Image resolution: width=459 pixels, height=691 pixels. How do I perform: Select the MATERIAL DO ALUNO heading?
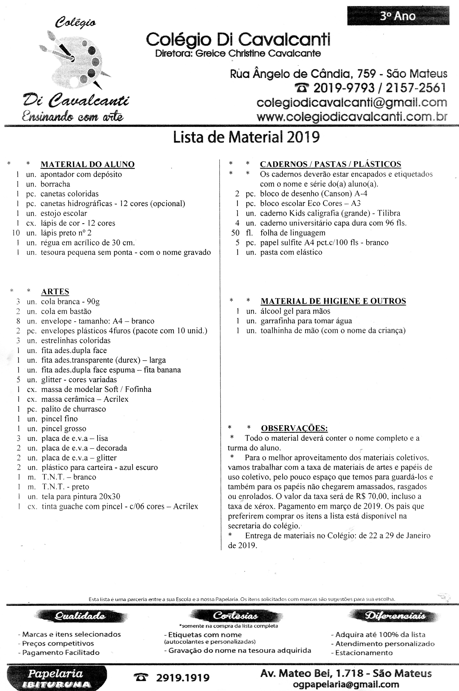(x=87, y=164)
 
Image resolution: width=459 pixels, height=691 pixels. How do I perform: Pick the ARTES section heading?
(x=55, y=292)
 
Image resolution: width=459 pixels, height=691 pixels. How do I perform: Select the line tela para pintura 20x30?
(x=81, y=497)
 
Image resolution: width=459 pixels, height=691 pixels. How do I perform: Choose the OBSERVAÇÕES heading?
(x=294, y=428)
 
